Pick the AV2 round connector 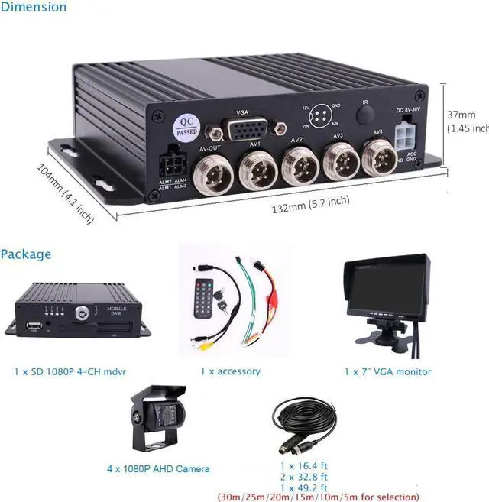298,163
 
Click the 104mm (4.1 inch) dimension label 65,194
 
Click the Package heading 26,254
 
